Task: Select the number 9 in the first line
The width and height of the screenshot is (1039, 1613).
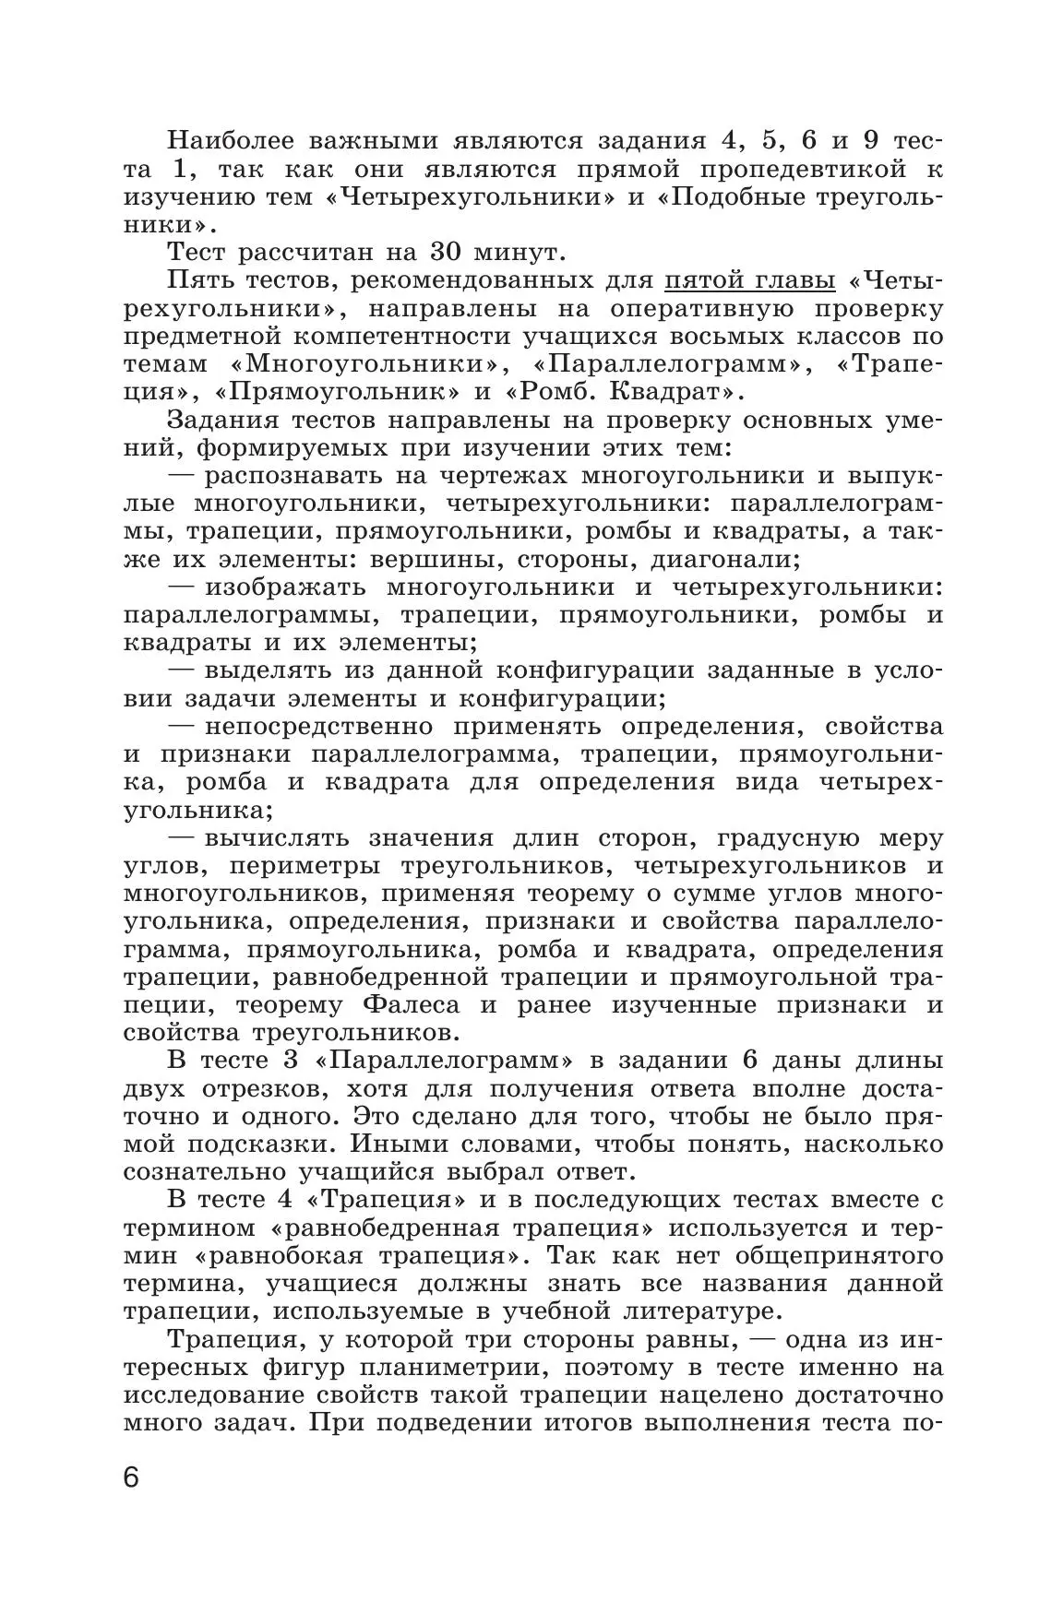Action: point(870,141)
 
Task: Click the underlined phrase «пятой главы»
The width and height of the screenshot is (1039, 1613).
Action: point(750,280)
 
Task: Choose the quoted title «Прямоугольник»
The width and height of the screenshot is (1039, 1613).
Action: point(337,391)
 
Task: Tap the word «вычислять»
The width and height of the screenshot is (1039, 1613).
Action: point(275,837)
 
